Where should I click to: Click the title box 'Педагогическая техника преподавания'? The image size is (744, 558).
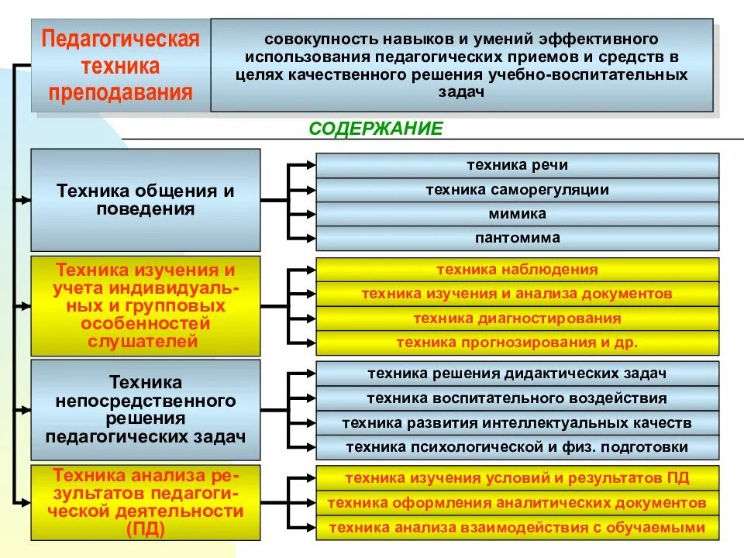(x=120, y=66)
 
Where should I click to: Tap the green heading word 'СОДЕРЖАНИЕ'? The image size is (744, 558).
(x=376, y=129)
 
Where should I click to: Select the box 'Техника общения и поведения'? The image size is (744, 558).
(x=146, y=199)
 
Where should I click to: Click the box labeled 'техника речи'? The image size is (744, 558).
(x=517, y=165)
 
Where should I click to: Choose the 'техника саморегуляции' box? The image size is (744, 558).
(x=517, y=190)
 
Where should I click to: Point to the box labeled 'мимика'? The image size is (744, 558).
(x=517, y=214)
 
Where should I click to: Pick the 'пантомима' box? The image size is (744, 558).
(x=517, y=238)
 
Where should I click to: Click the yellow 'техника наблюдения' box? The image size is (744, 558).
(x=517, y=270)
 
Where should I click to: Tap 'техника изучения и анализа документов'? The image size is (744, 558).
(x=517, y=294)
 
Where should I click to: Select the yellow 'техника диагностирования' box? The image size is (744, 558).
(x=517, y=319)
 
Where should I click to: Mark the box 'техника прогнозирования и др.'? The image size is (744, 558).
(x=517, y=343)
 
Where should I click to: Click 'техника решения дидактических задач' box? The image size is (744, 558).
(x=517, y=374)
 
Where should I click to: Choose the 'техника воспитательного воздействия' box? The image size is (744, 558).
(x=517, y=398)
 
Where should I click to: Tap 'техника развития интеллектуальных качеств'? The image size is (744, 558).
(x=517, y=423)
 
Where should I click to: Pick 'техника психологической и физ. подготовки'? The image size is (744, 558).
(x=517, y=447)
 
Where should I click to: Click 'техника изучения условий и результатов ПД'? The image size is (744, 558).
(x=517, y=478)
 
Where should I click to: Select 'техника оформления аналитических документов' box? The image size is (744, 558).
(x=517, y=503)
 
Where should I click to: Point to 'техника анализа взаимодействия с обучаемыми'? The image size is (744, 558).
(x=517, y=528)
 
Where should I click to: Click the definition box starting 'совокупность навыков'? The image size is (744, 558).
(x=462, y=65)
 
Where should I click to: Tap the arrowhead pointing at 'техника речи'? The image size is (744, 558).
(x=311, y=165)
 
